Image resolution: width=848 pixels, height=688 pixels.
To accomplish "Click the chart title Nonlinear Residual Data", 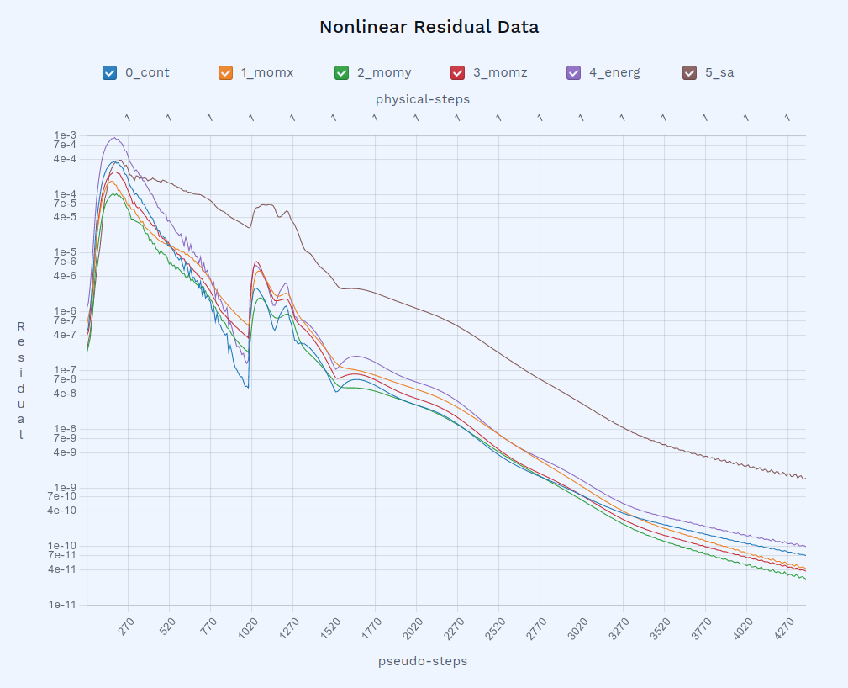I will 429,27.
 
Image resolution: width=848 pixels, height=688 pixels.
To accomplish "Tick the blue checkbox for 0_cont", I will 109,72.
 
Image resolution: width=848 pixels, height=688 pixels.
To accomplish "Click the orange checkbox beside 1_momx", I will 225,72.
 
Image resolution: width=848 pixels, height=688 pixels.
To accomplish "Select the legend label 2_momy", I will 384,72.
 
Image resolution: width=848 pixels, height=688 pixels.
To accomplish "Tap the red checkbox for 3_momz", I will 457,72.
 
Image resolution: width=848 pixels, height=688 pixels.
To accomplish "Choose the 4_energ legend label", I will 614,72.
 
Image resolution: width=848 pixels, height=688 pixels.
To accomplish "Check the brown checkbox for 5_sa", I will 689,72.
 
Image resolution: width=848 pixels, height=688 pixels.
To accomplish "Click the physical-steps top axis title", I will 422,99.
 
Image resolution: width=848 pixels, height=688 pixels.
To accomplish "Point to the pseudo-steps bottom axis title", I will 423,661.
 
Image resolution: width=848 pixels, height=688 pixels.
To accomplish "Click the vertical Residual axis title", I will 21,380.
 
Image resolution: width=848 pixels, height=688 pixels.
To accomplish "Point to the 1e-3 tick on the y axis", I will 65,135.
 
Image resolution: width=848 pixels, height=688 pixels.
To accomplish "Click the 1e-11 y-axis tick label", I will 63,605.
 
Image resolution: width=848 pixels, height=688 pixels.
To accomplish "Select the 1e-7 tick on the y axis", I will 65,370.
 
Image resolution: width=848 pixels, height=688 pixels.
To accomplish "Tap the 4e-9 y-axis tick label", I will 65,452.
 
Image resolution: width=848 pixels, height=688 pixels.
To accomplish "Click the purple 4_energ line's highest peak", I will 114,138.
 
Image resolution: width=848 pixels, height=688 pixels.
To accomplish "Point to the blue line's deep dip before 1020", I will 247,387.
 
